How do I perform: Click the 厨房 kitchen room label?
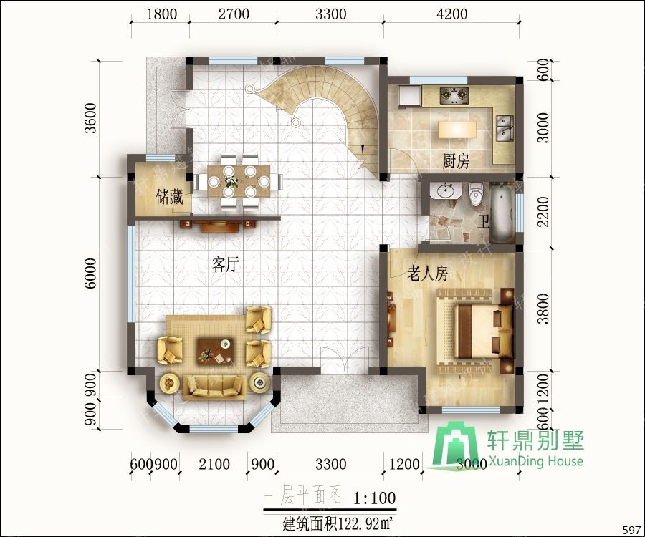point(456,161)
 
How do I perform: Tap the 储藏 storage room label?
point(170,197)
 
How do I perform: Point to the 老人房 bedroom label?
point(428,273)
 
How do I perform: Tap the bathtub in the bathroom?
point(502,213)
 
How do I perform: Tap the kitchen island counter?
point(456,130)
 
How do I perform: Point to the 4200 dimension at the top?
point(451,14)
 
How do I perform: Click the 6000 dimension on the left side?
point(90,274)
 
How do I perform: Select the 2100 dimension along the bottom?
point(214,465)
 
